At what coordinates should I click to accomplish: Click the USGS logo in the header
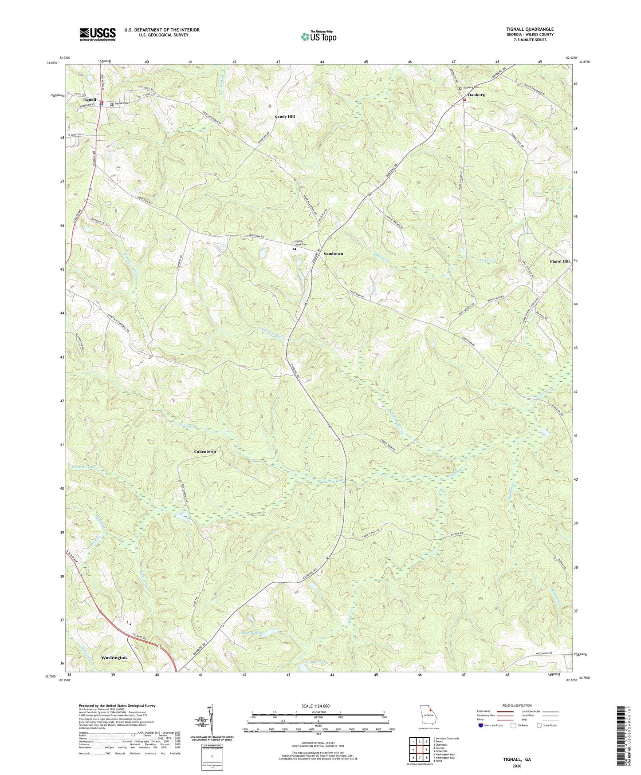point(98,34)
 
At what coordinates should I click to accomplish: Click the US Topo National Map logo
point(319,36)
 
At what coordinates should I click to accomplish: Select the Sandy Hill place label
point(285,117)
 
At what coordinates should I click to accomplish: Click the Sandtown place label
point(333,253)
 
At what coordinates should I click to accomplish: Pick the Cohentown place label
point(205,451)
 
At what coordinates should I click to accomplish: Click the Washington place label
point(114,657)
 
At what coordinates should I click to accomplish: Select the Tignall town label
point(89,100)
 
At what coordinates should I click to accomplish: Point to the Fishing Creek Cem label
point(301,243)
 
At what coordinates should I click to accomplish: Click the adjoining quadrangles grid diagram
point(419,750)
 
